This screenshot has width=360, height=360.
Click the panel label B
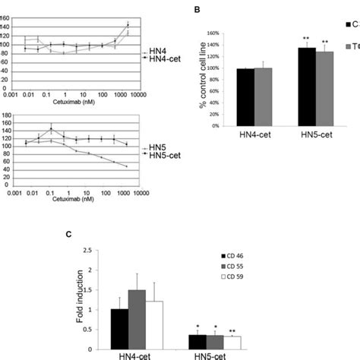(x=198, y=9)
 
